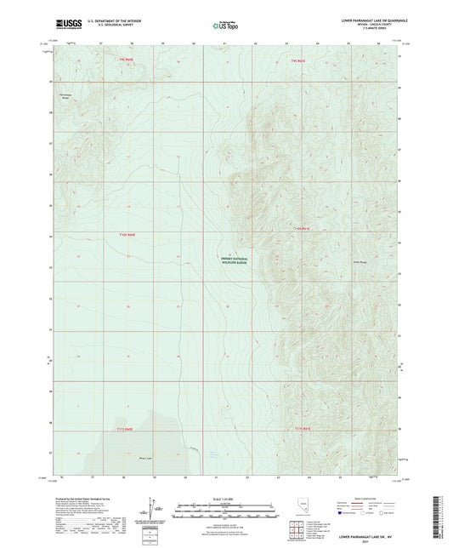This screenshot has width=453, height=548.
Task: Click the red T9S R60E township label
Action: click(x=127, y=61)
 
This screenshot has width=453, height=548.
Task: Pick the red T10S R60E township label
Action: click(x=127, y=233)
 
